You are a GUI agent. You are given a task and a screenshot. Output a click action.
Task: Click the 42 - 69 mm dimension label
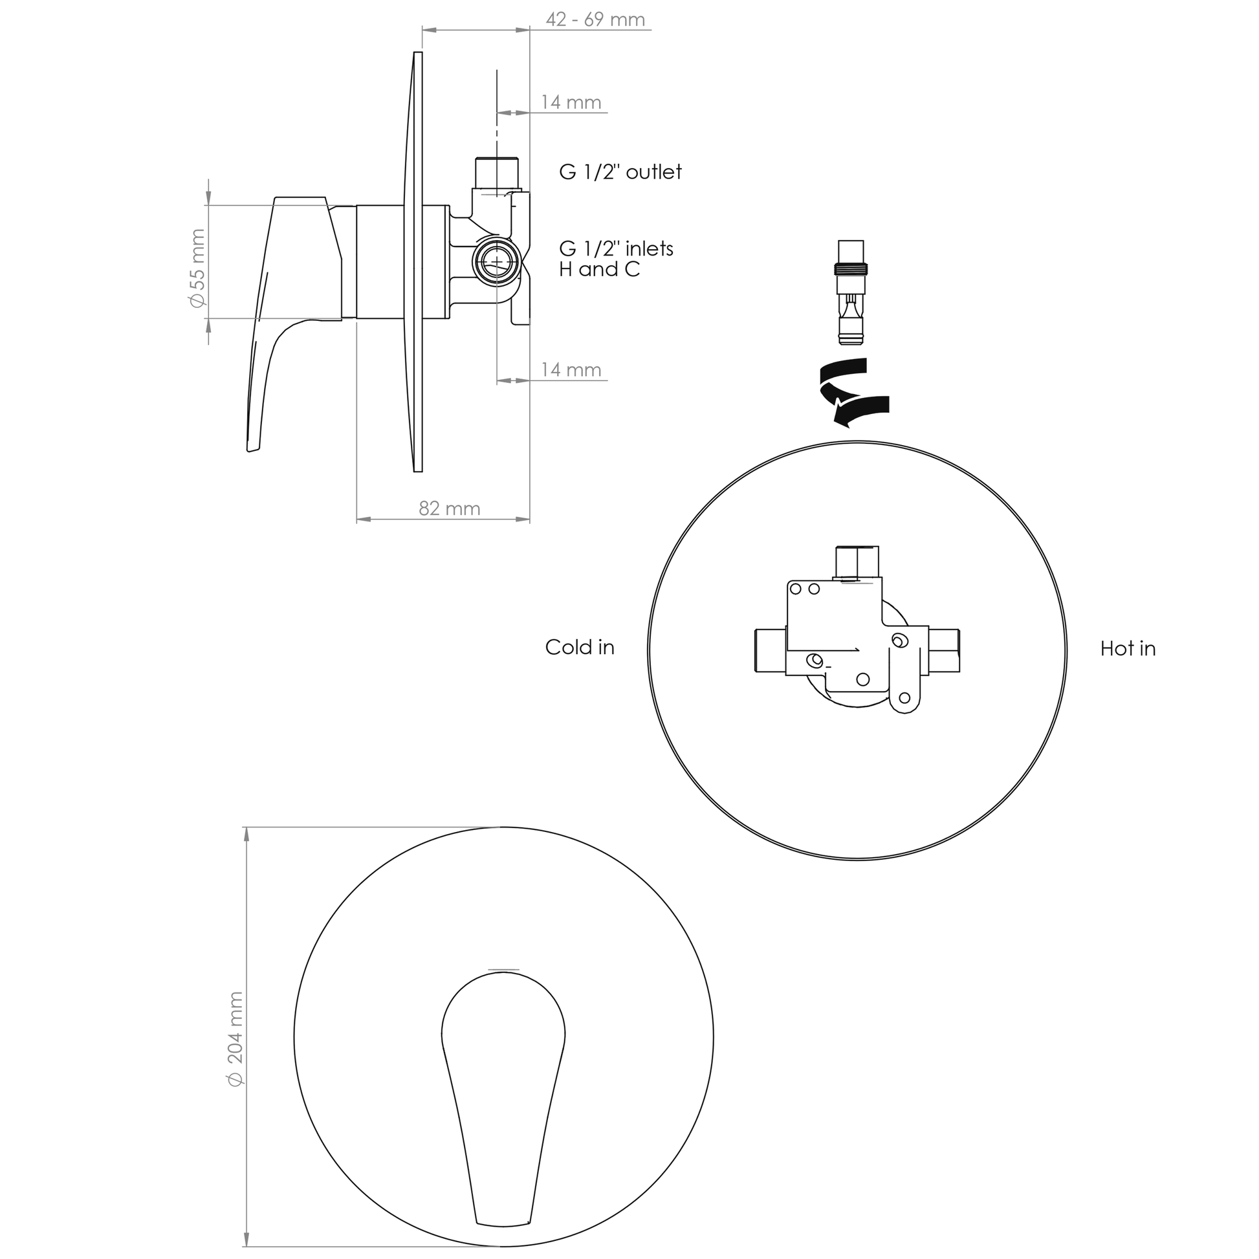coord(595,19)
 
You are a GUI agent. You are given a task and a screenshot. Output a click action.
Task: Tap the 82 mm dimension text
coord(449,509)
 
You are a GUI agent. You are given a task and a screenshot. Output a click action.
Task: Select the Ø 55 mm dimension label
coord(197,268)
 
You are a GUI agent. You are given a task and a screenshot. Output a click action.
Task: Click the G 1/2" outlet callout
coord(620,171)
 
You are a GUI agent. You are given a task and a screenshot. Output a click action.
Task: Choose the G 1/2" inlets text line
coord(616,248)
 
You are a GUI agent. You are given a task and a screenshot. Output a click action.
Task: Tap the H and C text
coord(600,269)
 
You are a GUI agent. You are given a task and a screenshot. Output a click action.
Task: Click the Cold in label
coord(580,647)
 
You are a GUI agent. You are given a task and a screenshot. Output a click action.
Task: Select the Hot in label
coord(1128,648)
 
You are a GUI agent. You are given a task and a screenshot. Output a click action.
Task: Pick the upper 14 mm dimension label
coord(571,102)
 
